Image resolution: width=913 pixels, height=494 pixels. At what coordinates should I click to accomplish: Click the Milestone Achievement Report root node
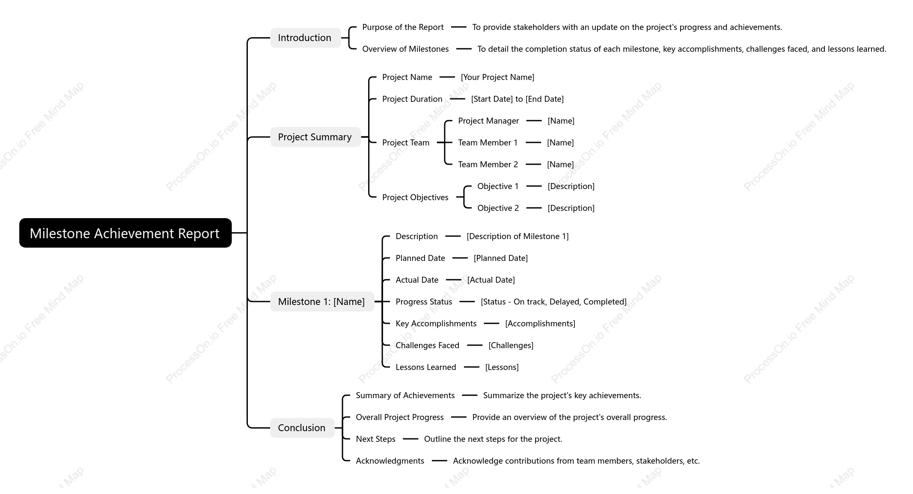[x=125, y=233]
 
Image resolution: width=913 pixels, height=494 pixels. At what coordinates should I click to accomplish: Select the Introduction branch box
[x=305, y=38]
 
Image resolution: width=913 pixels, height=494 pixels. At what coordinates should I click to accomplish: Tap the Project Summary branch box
[x=315, y=137]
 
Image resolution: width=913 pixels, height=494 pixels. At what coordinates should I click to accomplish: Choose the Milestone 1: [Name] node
[x=322, y=302]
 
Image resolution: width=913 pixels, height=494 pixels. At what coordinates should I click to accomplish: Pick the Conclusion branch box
[x=302, y=428]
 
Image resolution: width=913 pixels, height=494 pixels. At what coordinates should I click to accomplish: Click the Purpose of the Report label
[x=403, y=27]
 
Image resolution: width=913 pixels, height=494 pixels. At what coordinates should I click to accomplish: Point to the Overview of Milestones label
[x=405, y=49]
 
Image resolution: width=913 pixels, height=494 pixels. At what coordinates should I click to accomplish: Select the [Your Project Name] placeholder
[x=497, y=77]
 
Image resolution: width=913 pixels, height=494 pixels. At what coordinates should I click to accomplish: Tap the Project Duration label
[x=412, y=99]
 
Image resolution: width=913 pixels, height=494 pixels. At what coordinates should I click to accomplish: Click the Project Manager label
[x=488, y=121]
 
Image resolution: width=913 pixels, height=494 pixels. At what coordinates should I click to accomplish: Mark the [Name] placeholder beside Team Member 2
[x=560, y=164]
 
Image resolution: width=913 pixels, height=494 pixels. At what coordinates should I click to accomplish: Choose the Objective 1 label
[x=498, y=186]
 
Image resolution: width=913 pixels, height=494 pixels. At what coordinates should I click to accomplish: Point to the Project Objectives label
[x=415, y=197]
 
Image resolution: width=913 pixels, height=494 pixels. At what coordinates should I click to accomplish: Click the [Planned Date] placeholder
[x=500, y=258]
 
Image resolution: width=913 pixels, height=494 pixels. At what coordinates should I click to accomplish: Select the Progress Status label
[x=424, y=302]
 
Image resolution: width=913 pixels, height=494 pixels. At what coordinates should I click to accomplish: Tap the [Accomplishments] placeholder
[x=540, y=323]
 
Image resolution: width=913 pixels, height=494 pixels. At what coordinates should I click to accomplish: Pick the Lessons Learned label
[x=426, y=367]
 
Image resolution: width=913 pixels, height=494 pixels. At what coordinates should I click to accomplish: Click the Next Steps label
[x=375, y=439]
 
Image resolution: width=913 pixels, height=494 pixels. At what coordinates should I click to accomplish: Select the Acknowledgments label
[x=390, y=461]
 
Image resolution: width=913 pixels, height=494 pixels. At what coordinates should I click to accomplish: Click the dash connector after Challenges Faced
[x=475, y=345]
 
